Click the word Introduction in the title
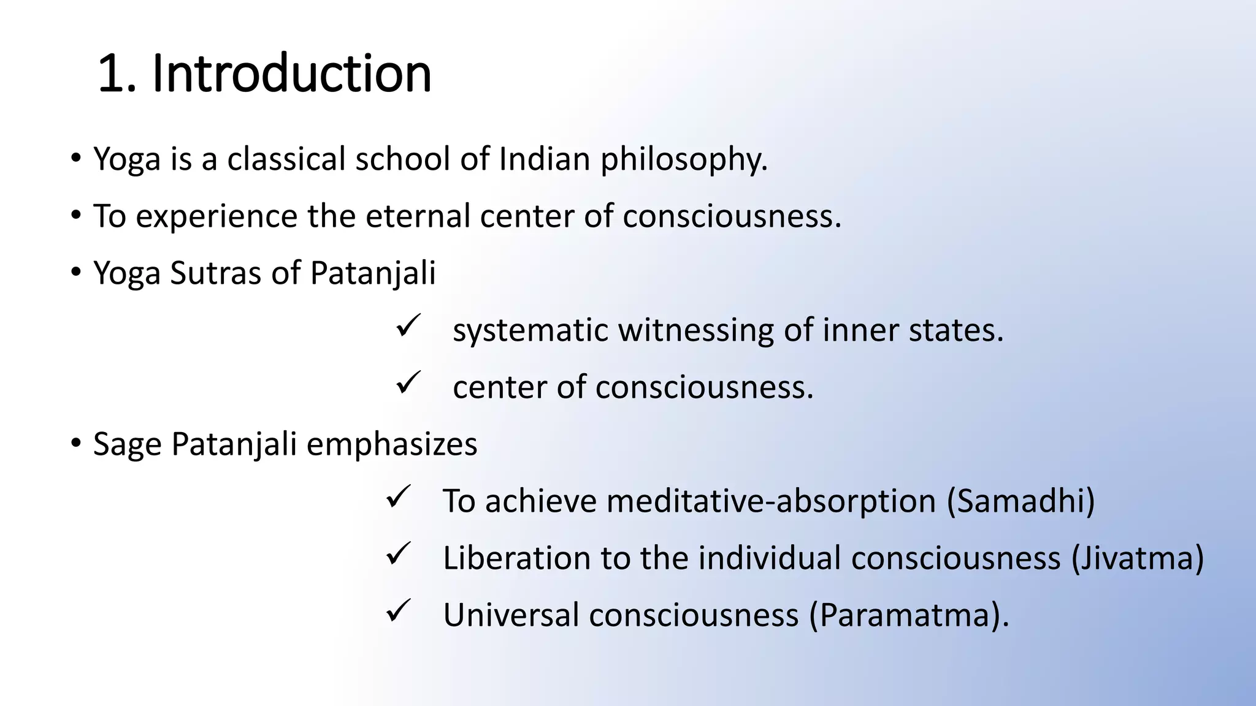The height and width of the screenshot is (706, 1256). pos(291,74)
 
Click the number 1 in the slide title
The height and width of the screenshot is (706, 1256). pos(111,74)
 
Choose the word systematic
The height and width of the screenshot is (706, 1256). pos(530,331)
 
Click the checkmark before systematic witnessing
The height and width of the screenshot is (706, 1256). pos(408,325)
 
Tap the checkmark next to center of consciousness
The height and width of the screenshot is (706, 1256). pos(408,382)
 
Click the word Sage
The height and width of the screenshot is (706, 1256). pos(127,444)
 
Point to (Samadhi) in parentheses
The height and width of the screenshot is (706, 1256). pos(1020,501)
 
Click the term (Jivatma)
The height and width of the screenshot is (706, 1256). pos(1137,558)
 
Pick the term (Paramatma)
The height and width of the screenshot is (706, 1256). pos(908,615)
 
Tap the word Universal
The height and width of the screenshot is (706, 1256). pos(511,615)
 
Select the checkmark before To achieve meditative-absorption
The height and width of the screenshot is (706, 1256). pos(398,496)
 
